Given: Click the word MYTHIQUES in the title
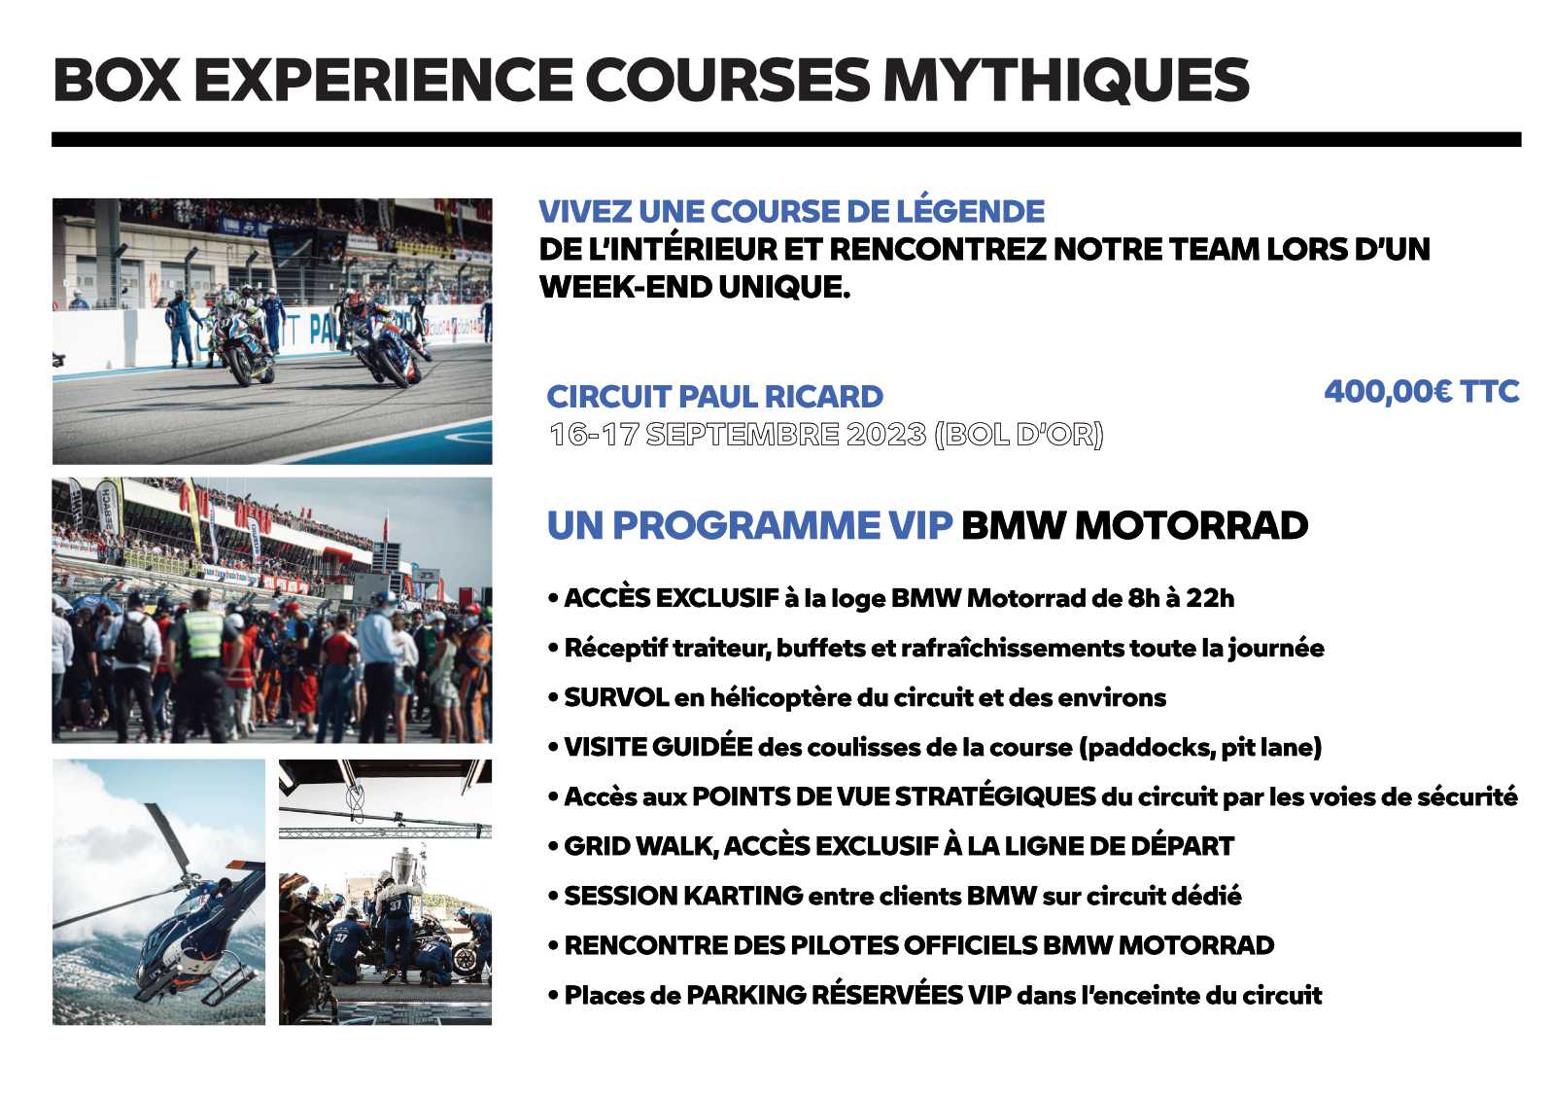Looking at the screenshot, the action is pyautogui.click(x=1065, y=80).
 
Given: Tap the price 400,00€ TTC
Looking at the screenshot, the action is pyautogui.click(x=1422, y=391).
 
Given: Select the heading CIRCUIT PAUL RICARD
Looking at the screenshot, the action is pyautogui.click(x=714, y=397).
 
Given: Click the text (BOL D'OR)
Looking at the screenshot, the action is pyautogui.click(x=1019, y=435).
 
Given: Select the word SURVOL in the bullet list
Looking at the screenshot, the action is pyautogui.click(x=616, y=697).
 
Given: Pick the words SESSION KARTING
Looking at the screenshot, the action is pyautogui.click(x=683, y=896).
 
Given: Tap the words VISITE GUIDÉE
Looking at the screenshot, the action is pyautogui.click(x=658, y=747).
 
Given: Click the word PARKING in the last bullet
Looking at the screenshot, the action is pyautogui.click(x=746, y=995).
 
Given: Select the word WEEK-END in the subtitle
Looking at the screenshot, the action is pyautogui.click(x=621, y=287).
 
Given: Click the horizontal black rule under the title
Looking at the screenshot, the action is pyautogui.click(x=786, y=140).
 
